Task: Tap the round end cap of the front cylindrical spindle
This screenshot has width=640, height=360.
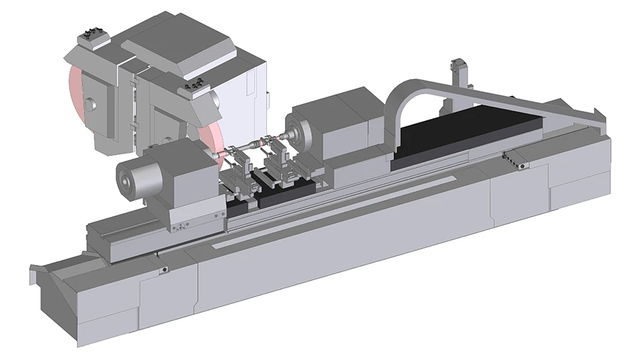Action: [x=126, y=178]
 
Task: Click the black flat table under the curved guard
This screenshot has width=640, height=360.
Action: [x=466, y=132]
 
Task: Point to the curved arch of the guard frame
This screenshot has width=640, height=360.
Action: [x=405, y=88]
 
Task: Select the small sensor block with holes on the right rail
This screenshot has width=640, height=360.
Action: [x=516, y=159]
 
